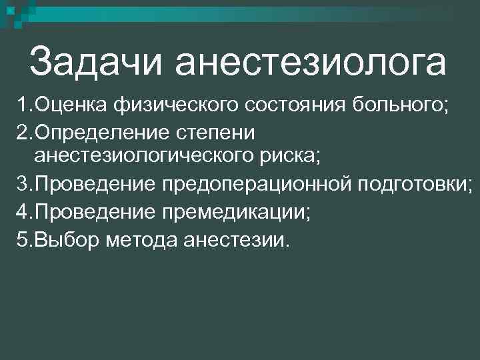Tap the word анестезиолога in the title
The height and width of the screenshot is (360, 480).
(311, 62)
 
